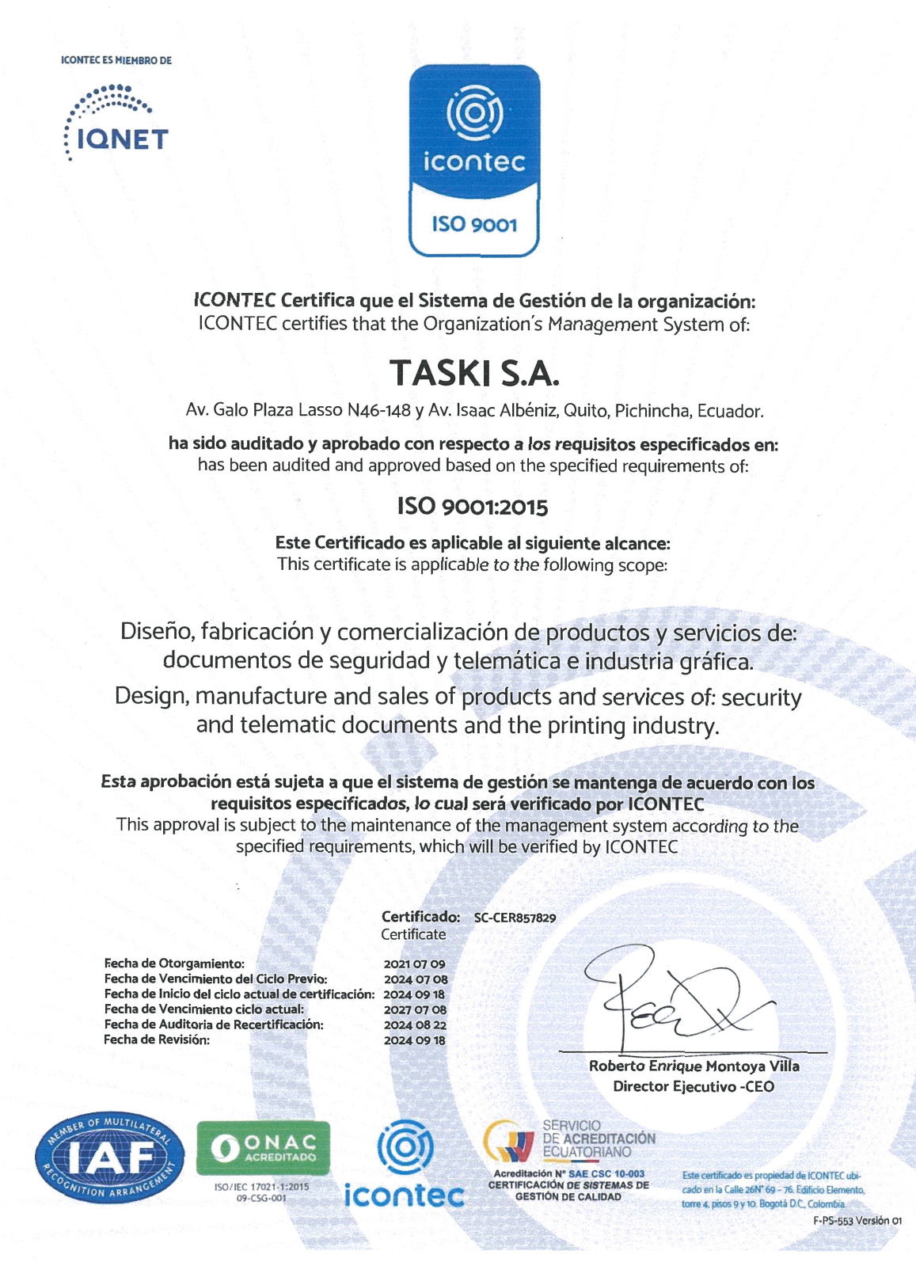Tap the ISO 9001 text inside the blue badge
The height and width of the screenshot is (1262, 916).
point(474,225)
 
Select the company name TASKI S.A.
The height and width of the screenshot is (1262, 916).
point(474,372)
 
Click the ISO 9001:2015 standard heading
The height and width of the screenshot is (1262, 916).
point(473,507)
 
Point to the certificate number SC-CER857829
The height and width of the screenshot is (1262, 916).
point(515,918)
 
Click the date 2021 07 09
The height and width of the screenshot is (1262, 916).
point(414,964)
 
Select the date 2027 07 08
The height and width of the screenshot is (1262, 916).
point(415,1010)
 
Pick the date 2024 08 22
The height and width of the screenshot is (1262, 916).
point(415,1025)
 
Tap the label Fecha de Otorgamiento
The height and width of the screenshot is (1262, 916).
point(174,964)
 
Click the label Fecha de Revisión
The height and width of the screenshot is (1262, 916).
point(157,1040)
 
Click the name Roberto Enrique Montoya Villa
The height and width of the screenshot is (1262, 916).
point(694,1066)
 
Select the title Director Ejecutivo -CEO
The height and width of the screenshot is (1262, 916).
point(694,1087)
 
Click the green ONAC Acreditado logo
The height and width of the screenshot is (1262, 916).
point(263,1148)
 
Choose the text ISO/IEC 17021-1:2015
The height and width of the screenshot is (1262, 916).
point(262,1187)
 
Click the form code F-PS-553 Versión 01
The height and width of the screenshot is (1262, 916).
point(857,1221)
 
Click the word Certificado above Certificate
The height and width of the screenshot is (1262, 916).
point(420,917)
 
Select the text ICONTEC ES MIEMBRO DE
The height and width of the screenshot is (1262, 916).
point(116,60)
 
